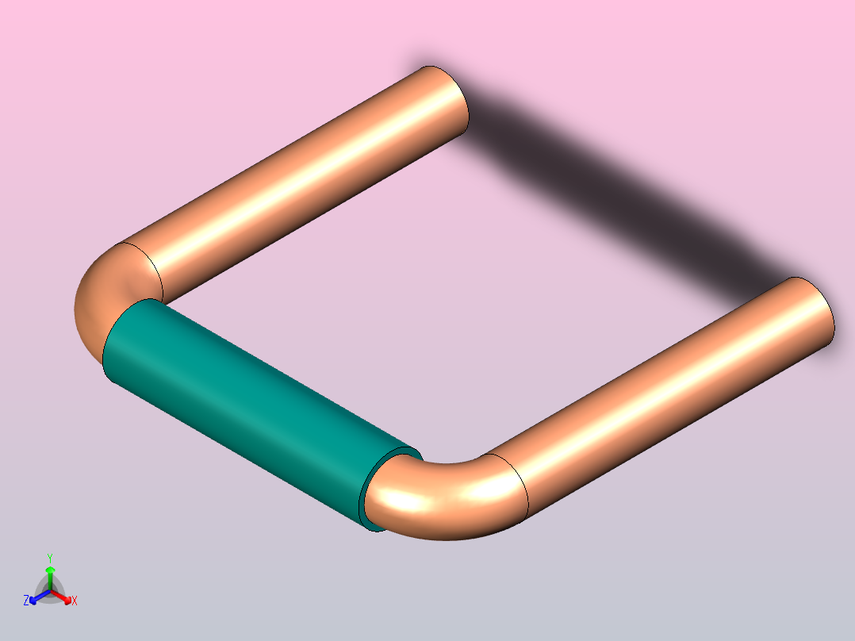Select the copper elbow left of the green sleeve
pyautogui.click(x=103, y=294)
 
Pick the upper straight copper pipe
pyautogui.click(x=301, y=175)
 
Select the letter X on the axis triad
pyautogui.click(x=75, y=601)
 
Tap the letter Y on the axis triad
pyautogui.click(x=50, y=558)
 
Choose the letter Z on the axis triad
pyautogui.click(x=26, y=601)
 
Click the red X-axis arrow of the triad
pyautogui.click(x=63, y=597)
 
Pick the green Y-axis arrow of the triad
pyautogui.click(x=50, y=573)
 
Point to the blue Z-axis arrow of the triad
pyautogui.click(x=36, y=597)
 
